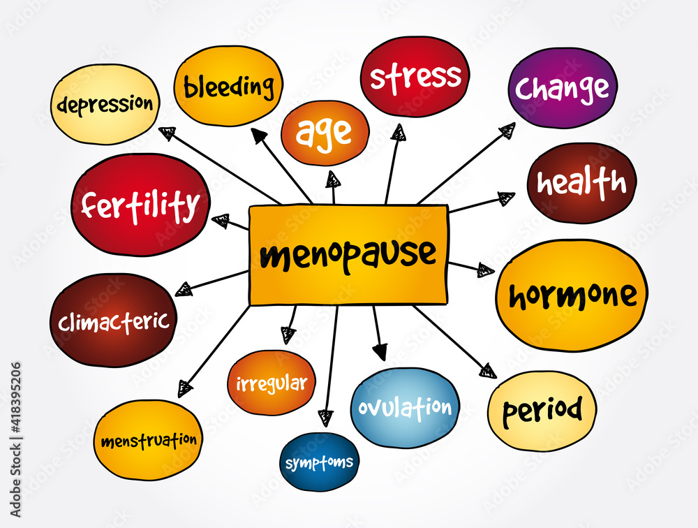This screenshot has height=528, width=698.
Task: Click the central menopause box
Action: (x=348, y=255)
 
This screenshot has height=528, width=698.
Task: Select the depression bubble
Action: (x=105, y=105)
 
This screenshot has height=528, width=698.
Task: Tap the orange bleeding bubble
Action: (x=228, y=87)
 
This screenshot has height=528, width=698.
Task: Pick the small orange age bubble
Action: (x=325, y=133)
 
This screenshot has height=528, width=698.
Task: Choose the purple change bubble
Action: (x=563, y=88)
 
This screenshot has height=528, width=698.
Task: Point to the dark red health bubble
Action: (x=581, y=183)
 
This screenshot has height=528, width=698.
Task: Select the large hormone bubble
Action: (x=572, y=295)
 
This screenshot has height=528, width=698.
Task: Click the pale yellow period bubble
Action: (x=542, y=410)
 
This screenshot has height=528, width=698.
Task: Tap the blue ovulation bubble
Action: (x=405, y=407)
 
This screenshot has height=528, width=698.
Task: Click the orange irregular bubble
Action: (x=272, y=383)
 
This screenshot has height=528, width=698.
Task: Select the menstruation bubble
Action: (x=148, y=441)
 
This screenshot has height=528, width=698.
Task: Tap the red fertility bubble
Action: (x=140, y=205)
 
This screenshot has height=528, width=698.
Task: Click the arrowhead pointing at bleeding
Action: (x=259, y=135)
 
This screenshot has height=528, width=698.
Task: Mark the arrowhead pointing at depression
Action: (x=167, y=133)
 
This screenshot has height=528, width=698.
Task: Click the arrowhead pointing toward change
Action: (x=507, y=131)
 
